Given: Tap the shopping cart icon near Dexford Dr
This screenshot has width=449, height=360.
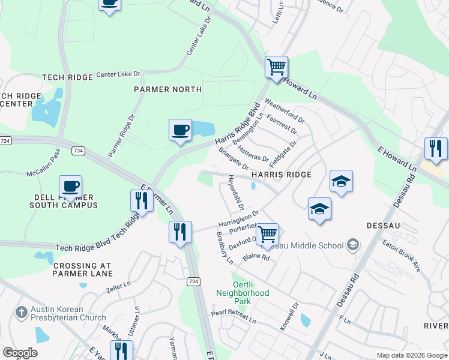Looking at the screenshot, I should click(x=267, y=233).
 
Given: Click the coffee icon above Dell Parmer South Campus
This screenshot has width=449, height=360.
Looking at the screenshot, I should click(x=71, y=187).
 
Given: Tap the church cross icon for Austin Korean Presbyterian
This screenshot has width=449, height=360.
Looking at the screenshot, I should click(x=21, y=313).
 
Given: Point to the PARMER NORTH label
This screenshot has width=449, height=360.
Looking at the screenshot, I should click(x=167, y=89).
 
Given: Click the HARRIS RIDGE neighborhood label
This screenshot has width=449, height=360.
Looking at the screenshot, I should click(x=282, y=175).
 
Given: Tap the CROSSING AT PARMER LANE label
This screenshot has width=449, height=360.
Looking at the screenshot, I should click(x=82, y=269).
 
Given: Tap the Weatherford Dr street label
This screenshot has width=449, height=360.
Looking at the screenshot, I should click(x=285, y=107).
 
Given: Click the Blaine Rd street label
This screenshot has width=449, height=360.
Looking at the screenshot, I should click(x=256, y=257).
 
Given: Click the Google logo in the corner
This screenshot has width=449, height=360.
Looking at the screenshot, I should click(x=20, y=353).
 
